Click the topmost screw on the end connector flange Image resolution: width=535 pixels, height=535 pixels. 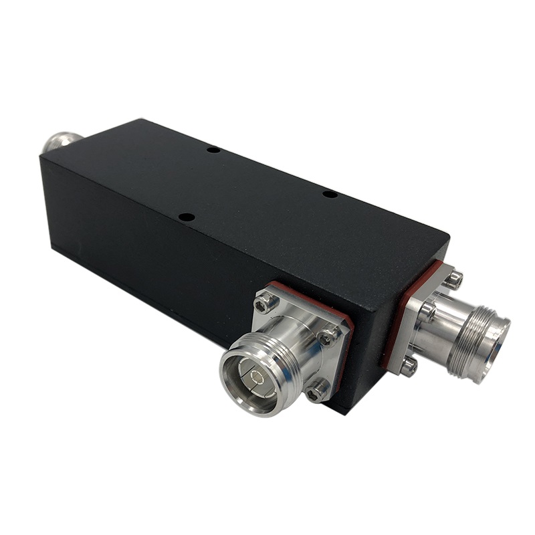click(x=453, y=278)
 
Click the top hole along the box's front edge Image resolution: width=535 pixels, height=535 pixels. click(x=187, y=217)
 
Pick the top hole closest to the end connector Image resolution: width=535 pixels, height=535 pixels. click(x=330, y=194)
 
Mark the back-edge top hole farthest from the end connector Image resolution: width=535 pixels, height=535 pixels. click(x=213, y=150)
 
